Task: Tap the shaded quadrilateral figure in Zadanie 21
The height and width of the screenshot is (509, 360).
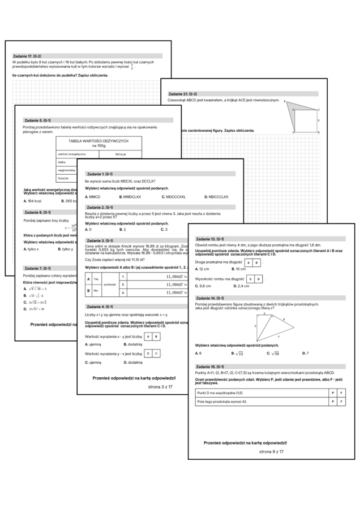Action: (x=298, y=116)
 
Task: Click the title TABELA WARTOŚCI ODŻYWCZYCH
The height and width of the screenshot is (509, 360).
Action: (x=98, y=143)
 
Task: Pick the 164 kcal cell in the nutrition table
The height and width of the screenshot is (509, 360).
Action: (x=120, y=153)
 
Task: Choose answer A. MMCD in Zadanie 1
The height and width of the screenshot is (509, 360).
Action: (x=93, y=197)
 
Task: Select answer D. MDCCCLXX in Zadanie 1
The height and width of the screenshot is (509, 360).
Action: (x=216, y=197)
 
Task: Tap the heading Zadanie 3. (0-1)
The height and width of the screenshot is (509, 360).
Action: (x=99, y=240)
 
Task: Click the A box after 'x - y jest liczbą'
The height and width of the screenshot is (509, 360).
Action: (x=148, y=337)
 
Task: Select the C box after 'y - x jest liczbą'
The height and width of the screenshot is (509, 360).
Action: (x=148, y=353)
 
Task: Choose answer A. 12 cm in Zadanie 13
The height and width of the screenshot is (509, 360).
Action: (x=203, y=269)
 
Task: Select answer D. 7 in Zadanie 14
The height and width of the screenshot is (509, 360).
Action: (x=305, y=353)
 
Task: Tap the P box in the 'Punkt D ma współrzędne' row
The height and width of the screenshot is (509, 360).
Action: (x=333, y=392)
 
